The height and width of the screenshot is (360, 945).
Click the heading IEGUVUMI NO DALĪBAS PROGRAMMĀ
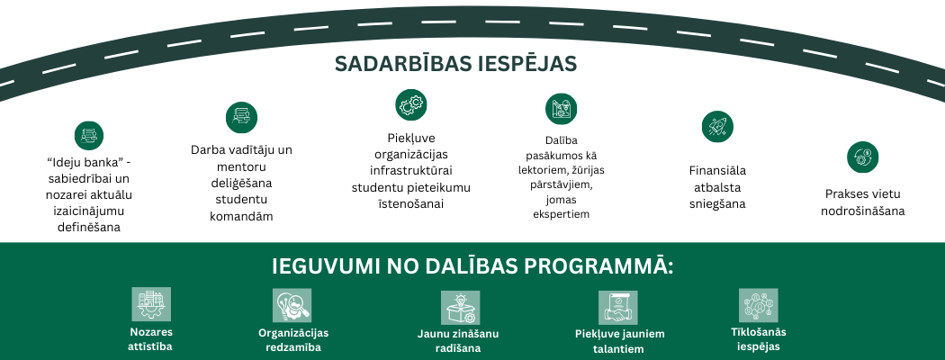(472, 267)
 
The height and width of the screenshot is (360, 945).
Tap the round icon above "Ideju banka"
(88, 135)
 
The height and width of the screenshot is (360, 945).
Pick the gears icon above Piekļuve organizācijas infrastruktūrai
(410, 104)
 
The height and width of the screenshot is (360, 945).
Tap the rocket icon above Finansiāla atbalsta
(717, 126)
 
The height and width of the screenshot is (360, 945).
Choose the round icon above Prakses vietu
(862, 157)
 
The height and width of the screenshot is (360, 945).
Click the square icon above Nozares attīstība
(151, 305)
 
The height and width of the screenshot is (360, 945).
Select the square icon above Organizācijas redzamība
(291, 306)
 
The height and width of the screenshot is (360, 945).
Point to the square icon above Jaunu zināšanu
(460, 308)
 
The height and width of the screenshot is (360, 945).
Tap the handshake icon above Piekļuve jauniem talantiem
(618, 308)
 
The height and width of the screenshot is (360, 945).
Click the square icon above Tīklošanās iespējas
(758, 306)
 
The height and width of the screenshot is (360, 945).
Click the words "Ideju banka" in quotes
(79, 162)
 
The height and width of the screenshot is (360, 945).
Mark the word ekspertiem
(561, 214)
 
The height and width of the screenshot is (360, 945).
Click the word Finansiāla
(717, 170)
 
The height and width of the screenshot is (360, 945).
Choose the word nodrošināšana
(862, 211)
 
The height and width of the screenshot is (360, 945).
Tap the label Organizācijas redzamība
(290, 339)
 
